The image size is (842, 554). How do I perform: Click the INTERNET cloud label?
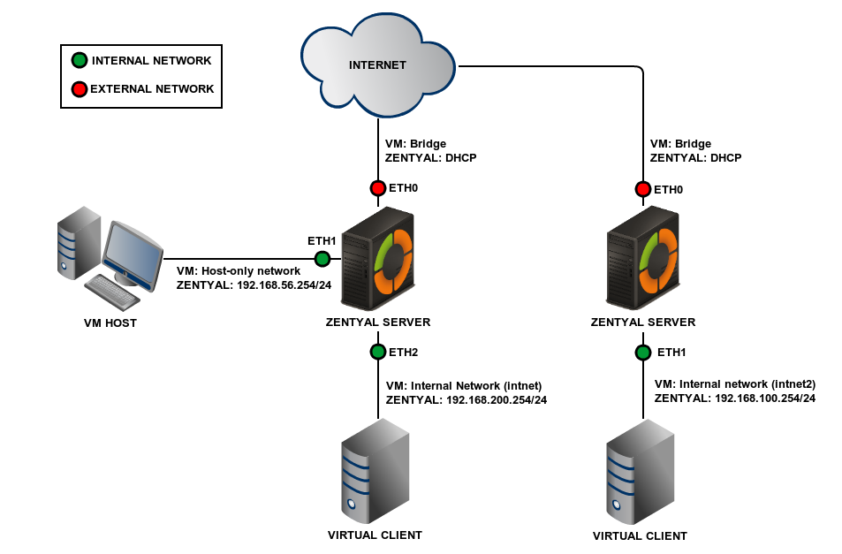click(x=377, y=65)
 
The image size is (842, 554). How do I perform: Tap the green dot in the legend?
click(x=80, y=61)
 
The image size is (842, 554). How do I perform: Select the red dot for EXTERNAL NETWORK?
click(x=80, y=88)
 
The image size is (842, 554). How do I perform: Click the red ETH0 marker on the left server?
click(x=378, y=188)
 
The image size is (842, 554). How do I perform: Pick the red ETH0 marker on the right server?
click(x=643, y=189)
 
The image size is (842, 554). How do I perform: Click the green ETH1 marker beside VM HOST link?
click(x=322, y=259)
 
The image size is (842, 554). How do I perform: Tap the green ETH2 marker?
click(x=378, y=352)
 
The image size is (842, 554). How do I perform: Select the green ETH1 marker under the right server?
click(x=643, y=353)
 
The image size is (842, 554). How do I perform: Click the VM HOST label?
click(x=110, y=323)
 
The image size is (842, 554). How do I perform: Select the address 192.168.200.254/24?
click(x=496, y=399)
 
